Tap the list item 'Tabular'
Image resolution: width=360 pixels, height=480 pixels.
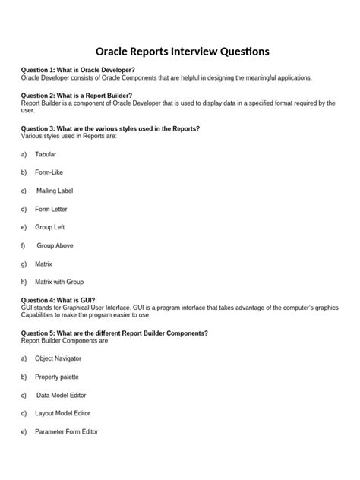(x=46, y=154)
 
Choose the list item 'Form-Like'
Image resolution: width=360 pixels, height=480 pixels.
(x=49, y=172)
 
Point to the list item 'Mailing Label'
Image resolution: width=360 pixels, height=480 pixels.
(x=55, y=191)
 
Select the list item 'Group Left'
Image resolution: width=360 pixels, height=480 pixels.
(x=50, y=227)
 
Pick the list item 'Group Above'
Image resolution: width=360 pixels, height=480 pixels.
(x=55, y=245)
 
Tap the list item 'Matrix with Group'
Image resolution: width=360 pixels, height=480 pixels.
(x=59, y=282)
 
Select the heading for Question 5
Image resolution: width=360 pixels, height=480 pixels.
(x=115, y=333)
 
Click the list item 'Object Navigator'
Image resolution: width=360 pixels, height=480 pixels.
(x=58, y=358)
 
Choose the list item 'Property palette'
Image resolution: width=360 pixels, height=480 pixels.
(x=56, y=377)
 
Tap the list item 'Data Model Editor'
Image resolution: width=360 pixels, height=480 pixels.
(x=62, y=395)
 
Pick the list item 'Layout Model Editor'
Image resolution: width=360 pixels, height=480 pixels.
(x=62, y=413)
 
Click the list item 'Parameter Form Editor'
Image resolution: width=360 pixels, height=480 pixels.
(x=66, y=431)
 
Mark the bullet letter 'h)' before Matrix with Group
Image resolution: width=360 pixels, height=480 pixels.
(x=24, y=282)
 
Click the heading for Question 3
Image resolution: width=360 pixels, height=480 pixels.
(x=110, y=128)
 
